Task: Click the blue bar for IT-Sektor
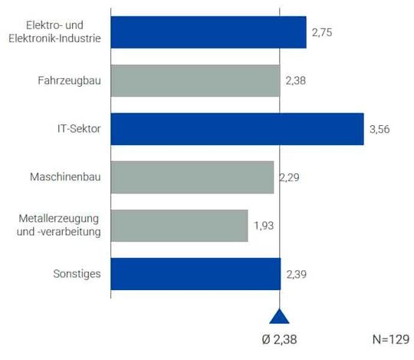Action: coord(237,129)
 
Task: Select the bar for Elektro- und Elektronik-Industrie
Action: coord(209,32)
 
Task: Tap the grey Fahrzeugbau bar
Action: coord(195,81)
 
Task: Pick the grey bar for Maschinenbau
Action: coord(192,177)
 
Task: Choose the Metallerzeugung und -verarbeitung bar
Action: coord(179,226)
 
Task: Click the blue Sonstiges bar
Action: coord(195,274)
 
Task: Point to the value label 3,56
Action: coord(380,129)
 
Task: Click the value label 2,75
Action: coord(323,33)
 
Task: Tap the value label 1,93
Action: coord(264,226)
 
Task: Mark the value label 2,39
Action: coord(297,274)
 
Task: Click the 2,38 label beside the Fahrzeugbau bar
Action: coord(296,81)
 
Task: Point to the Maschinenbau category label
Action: coord(65,177)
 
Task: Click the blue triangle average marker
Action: coord(280,317)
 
